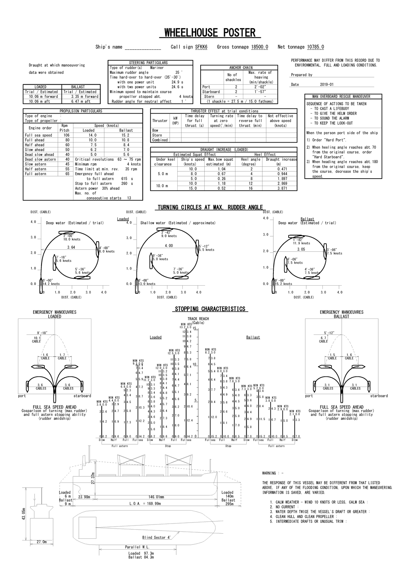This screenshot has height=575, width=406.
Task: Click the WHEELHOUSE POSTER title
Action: pyautogui.click(x=210, y=33)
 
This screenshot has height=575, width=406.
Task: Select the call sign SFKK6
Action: pyautogui.click(x=201, y=47)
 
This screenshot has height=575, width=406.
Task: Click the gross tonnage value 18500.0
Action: pyautogui.click(x=260, y=47)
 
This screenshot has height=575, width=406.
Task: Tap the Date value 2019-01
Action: pyautogui.click(x=326, y=84)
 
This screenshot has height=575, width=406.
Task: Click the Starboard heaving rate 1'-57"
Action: pyautogui.click(x=261, y=92)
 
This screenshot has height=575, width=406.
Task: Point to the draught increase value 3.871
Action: pyautogui.click(x=282, y=188)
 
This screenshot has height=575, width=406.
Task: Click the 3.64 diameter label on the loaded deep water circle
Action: pyautogui.click(x=71, y=247)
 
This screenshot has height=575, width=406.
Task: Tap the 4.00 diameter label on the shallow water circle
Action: pyautogui.click(x=168, y=246)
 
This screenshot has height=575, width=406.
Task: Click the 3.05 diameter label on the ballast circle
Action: pyautogui.click(x=301, y=249)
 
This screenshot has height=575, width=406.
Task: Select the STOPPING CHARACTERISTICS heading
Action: pyautogui.click(x=210, y=309)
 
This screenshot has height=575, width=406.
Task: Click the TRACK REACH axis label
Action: pyautogui.click(x=198, y=319)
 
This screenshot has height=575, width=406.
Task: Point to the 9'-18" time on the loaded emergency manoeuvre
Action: pyautogui.click(x=42, y=333)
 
